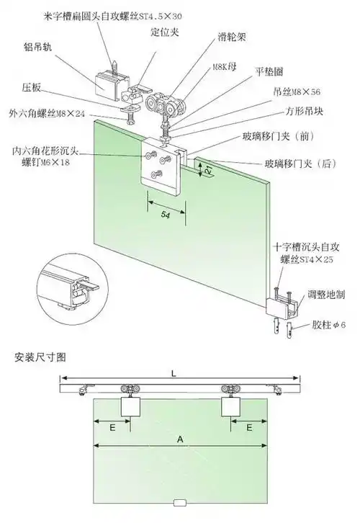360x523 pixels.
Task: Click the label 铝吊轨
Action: [40, 47]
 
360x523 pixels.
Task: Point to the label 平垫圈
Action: [269, 73]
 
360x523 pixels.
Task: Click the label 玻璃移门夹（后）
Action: [301, 164]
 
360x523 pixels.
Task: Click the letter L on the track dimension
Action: [174, 372]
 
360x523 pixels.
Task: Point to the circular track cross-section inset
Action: [71, 289]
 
